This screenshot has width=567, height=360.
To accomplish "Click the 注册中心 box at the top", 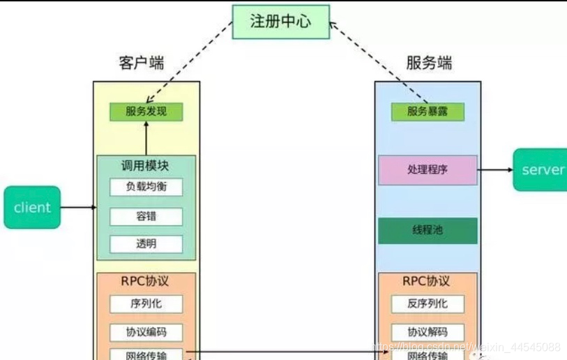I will point(280,21).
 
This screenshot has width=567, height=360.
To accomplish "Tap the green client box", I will point(32,207).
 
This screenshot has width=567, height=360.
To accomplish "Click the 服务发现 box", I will point(146,111).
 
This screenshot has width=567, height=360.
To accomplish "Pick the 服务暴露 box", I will point(427,111).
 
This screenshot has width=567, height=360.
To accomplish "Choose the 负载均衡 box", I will point(146,187).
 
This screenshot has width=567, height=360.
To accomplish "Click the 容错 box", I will point(146,216).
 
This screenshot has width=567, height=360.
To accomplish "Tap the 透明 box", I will point(146,244).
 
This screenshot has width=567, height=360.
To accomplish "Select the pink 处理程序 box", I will point(428,170).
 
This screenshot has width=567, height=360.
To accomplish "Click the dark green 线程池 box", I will point(428,231).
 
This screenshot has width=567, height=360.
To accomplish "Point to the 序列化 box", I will point(146,303).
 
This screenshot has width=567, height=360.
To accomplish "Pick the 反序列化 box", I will point(428,303).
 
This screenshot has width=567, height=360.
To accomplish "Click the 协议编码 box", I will point(146,332).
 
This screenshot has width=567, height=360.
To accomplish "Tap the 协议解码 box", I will point(428,332).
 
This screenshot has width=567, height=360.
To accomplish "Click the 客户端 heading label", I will point(141,63).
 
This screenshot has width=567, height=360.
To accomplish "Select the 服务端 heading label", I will point(429,63).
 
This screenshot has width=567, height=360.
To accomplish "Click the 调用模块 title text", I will point(145,166).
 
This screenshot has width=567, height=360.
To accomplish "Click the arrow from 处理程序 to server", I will point(495,170).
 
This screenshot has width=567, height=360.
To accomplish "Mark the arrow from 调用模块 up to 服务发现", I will point(146,138).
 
